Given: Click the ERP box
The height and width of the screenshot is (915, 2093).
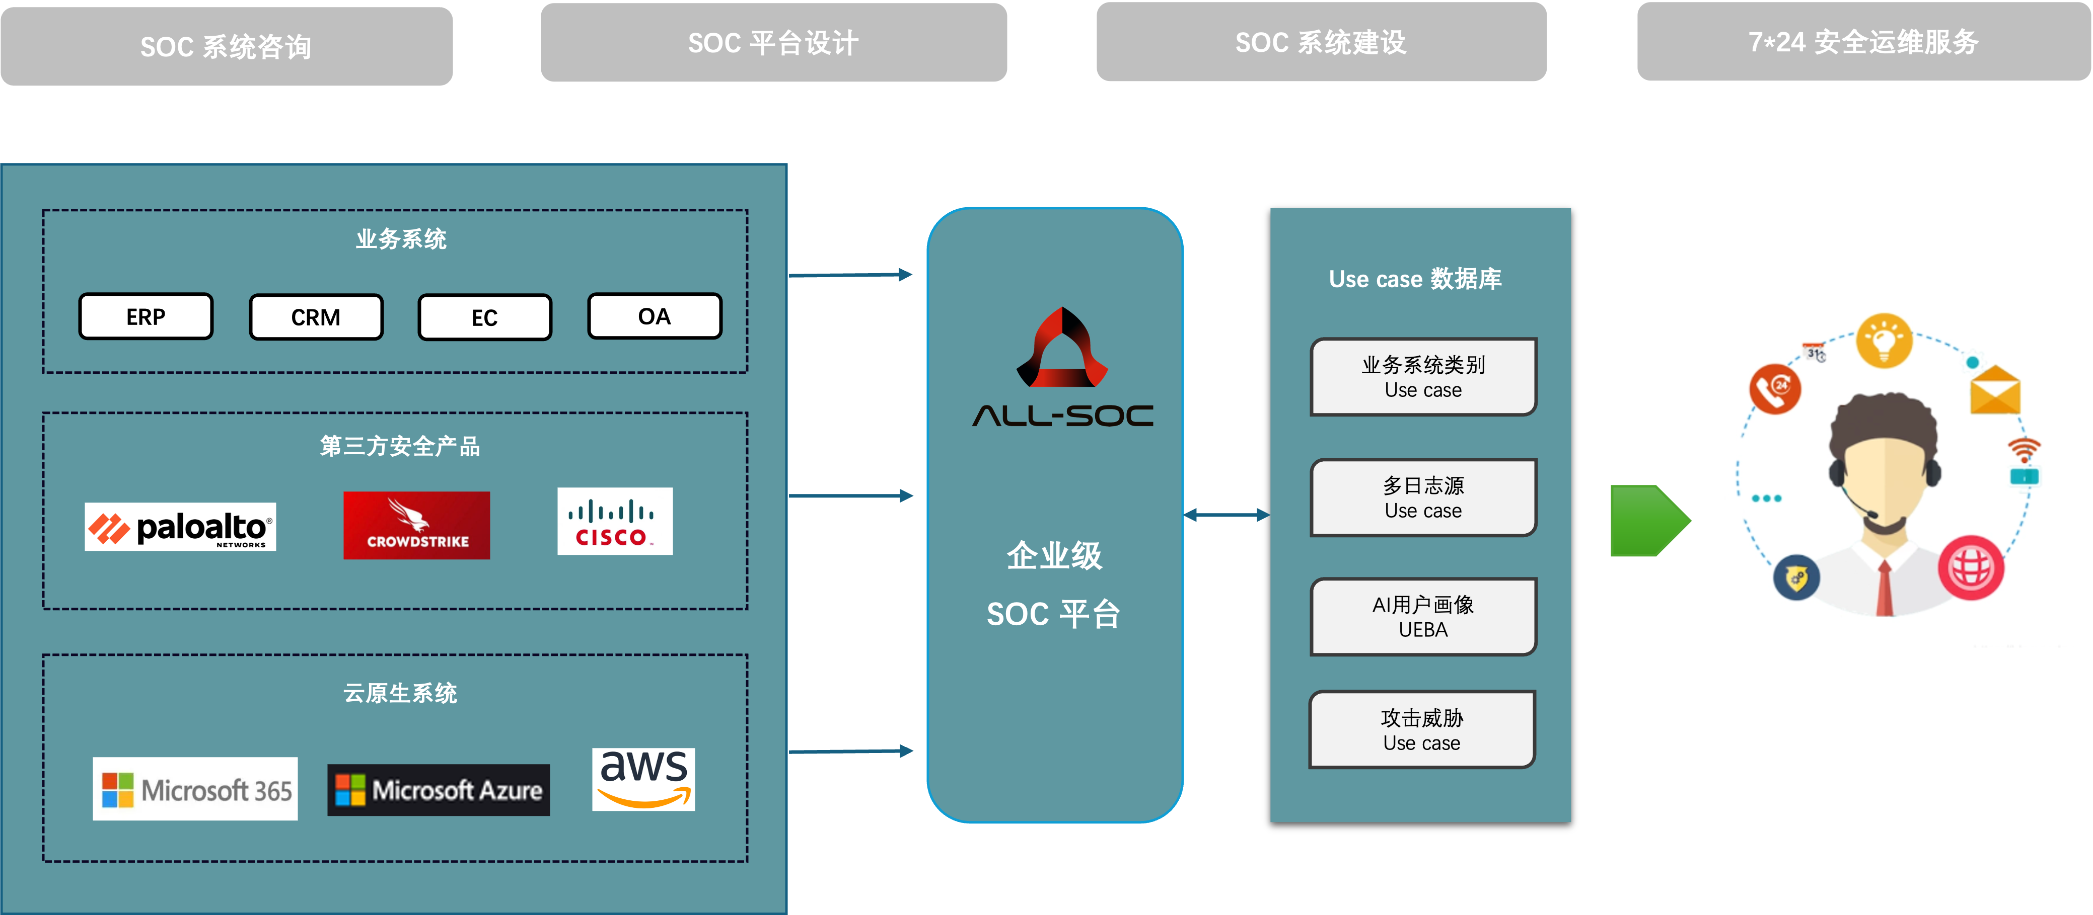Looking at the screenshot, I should [x=146, y=316].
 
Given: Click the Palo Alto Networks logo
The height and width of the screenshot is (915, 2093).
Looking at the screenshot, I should [x=180, y=527].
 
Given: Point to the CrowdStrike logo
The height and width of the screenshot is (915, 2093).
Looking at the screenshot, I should [x=417, y=525].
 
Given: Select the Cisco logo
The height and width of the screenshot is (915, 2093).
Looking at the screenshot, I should [x=615, y=521].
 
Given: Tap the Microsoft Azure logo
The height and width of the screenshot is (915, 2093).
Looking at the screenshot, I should [x=439, y=790].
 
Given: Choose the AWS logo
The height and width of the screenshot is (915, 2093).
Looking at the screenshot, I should [x=643, y=779].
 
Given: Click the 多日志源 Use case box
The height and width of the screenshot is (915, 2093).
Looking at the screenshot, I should [x=1423, y=497].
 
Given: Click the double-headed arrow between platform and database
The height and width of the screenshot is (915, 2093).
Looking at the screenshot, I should [x=1227, y=515].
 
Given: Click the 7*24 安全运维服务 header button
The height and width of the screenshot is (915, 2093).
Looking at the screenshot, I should [x=1863, y=41].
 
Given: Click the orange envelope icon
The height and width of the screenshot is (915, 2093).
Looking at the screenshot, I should [x=1995, y=390].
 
